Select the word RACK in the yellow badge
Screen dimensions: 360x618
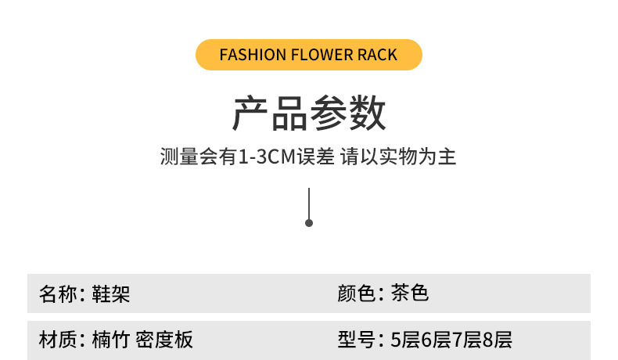379,55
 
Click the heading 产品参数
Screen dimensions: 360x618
309,114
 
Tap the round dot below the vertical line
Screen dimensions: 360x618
309,223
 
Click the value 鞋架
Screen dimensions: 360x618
110,294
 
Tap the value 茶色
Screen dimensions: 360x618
410,294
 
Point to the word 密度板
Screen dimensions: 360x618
164,340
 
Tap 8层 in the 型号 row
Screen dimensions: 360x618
498,340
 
